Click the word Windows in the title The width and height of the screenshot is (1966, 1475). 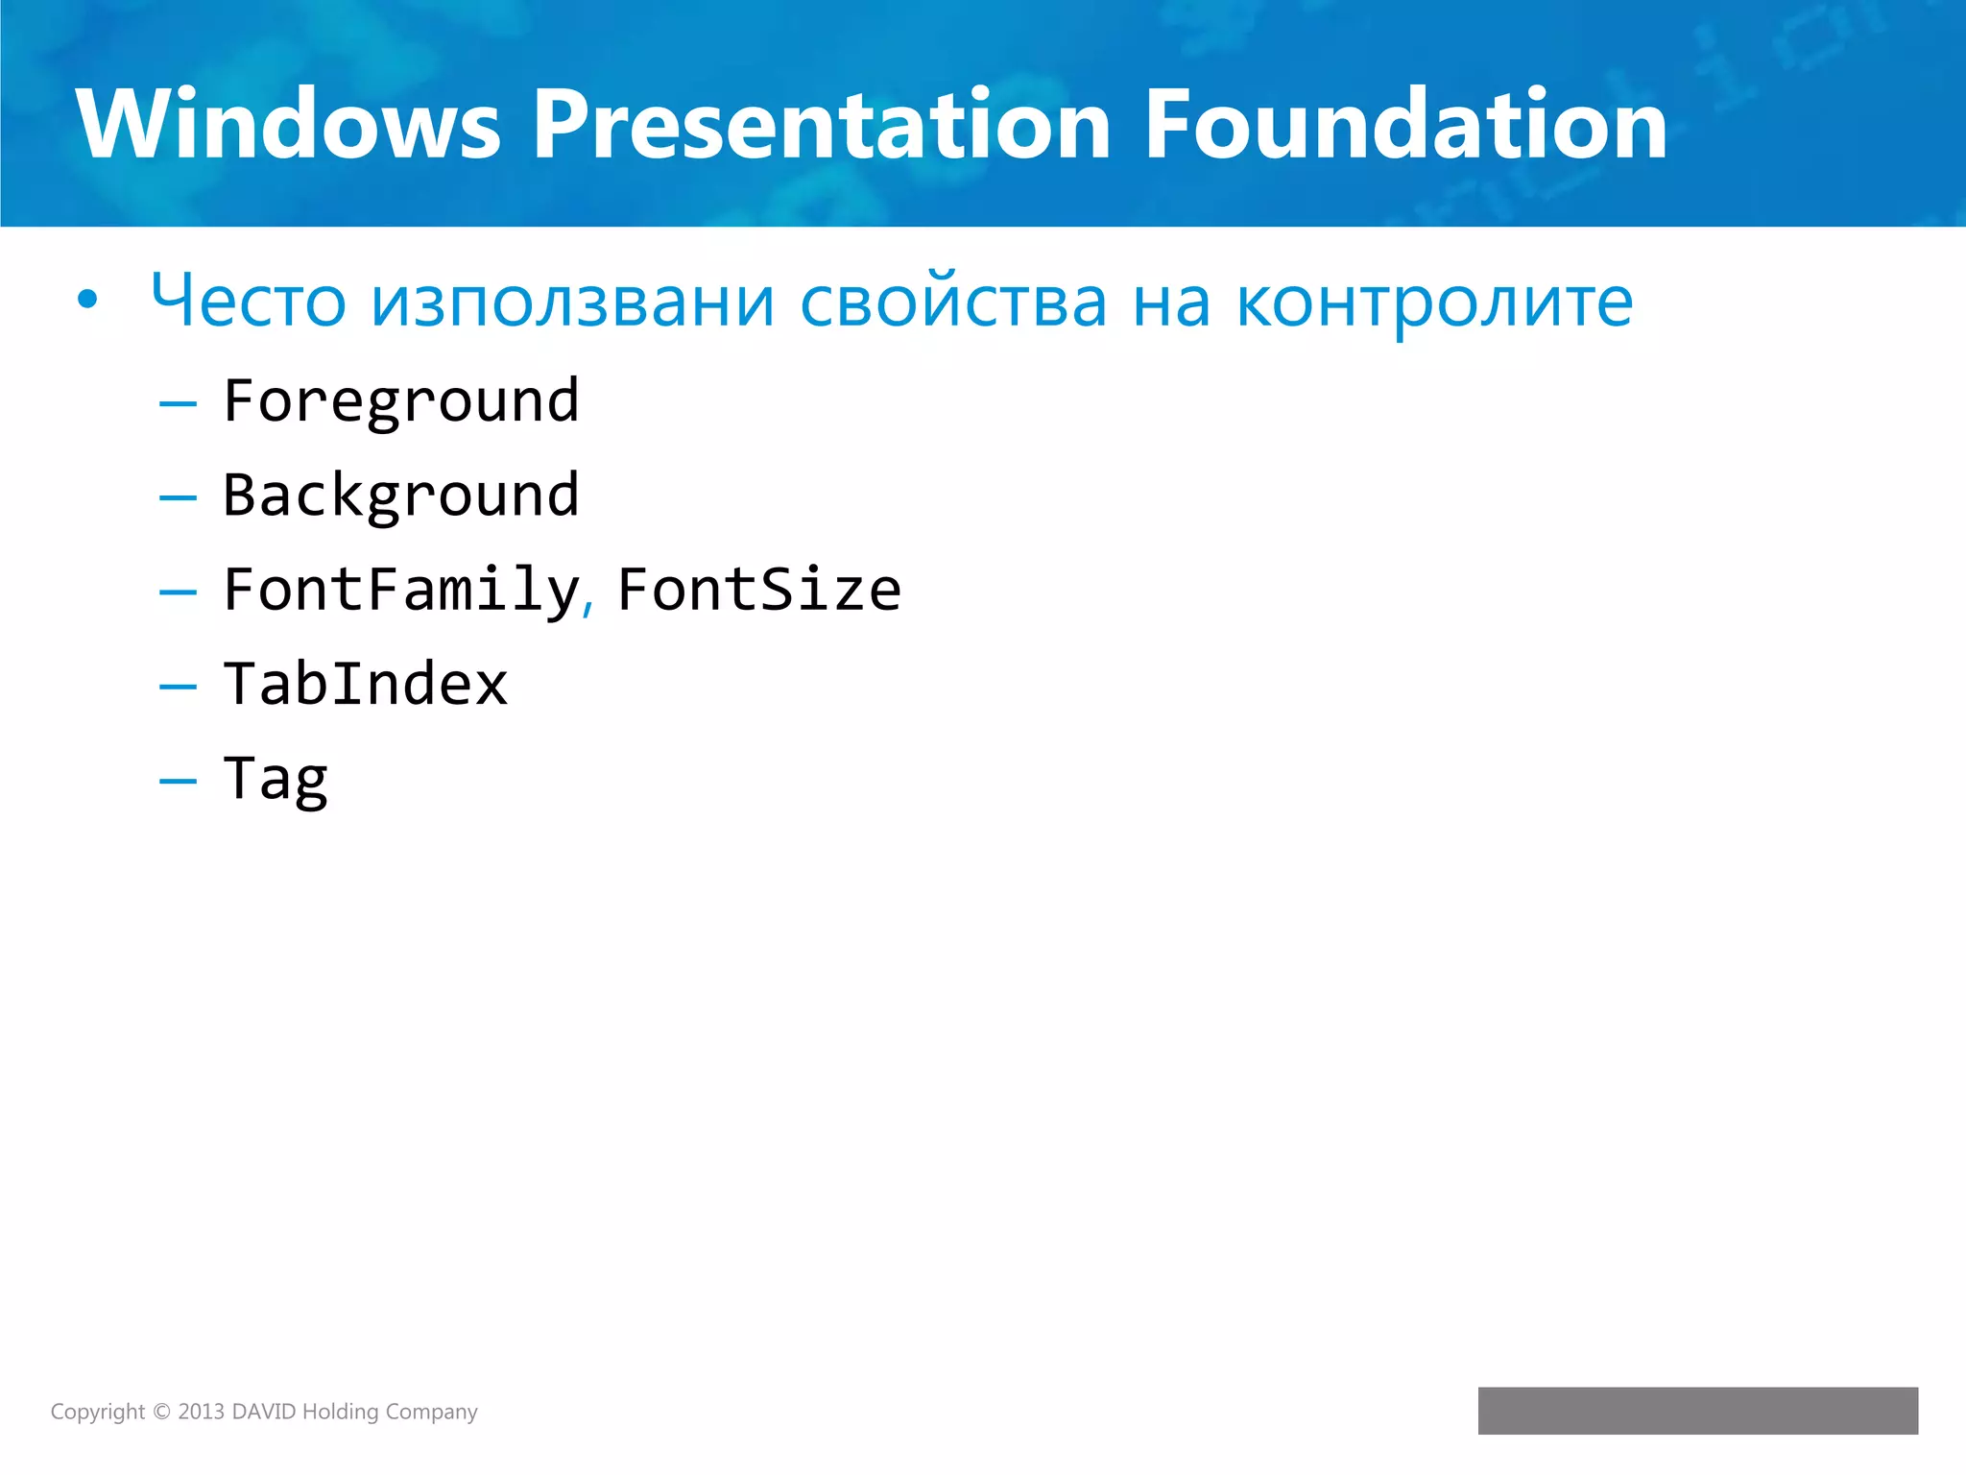[288, 125]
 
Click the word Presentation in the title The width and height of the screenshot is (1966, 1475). [821, 125]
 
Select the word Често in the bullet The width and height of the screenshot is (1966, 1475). [248, 302]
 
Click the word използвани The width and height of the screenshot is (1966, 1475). [572, 302]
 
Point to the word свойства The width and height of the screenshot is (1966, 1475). [952, 302]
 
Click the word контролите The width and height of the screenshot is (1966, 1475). [1434, 302]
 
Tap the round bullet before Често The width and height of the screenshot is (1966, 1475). [87, 301]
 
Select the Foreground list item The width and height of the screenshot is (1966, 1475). [401, 401]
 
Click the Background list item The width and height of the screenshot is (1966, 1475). [401, 496]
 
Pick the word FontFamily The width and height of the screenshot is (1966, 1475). [401, 590]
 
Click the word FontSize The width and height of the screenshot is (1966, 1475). [758, 590]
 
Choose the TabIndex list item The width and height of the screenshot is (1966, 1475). [365, 684]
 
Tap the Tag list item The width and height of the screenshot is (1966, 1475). [276, 779]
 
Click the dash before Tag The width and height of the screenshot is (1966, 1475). [178, 782]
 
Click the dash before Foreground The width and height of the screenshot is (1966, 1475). [178, 404]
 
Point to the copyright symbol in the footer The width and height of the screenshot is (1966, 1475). [161, 1412]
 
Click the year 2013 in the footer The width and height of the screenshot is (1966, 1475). [201, 1412]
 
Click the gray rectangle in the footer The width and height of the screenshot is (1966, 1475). [1697, 1410]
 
